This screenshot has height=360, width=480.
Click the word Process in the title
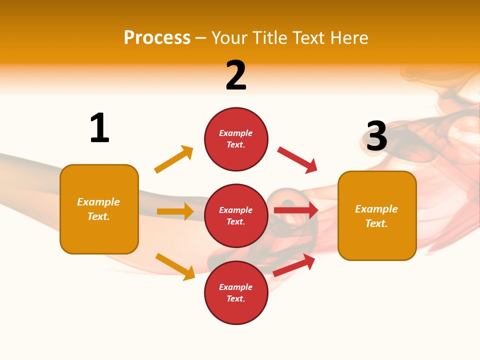click(x=157, y=37)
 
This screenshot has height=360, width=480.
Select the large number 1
click(x=99, y=128)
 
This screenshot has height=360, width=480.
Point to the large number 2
click(x=236, y=75)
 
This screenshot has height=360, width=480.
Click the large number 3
click(x=376, y=136)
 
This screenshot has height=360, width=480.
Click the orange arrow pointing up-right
click(x=173, y=159)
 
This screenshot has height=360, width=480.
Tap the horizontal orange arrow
click(x=175, y=211)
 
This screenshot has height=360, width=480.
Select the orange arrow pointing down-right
click(x=175, y=266)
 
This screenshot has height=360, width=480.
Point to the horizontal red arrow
click(x=296, y=210)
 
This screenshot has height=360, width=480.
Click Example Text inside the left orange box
click(x=98, y=209)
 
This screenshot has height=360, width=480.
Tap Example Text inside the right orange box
click(x=376, y=216)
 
